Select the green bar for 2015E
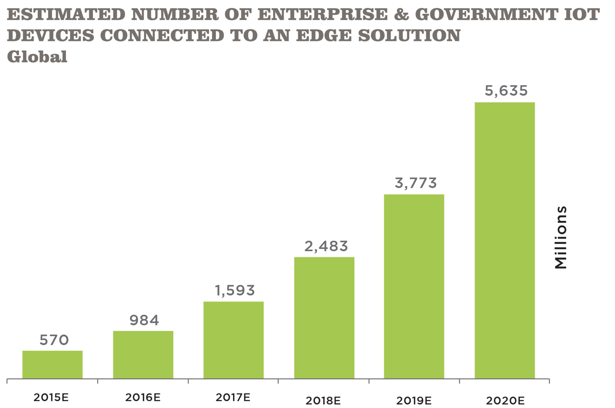click(x=53, y=364)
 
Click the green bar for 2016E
click(x=143, y=354)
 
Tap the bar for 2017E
click(x=234, y=340)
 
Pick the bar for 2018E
click(x=324, y=318)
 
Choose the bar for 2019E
click(x=414, y=286)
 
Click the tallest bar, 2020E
click(x=505, y=240)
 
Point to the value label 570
click(x=54, y=340)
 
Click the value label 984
click(x=144, y=320)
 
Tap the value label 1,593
click(x=235, y=290)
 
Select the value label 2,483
click(x=326, y=246)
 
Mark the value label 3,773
click(x=416, y=183)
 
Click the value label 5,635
click(x=506, y=91)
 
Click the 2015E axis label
click(x=51, y=397)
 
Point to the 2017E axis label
click(x=233, y=397)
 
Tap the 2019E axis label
click(x=414, y=401)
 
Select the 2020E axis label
click(x=505, y=401)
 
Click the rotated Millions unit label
click(x=561, y=237)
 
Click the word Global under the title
click(x=37, y=57)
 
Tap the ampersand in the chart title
click(x=401, y=14)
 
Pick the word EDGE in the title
click(x=324, y=35)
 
